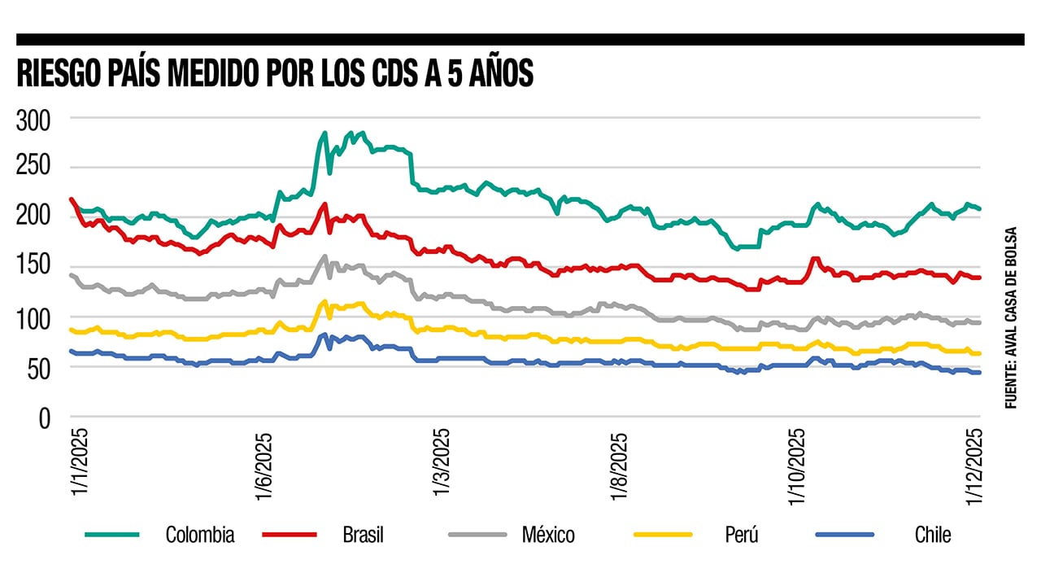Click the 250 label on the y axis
(x=33, y=168)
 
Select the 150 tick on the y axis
(x=33, y=268)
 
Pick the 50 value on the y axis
(x=38, y=368)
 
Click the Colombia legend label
(x=200, y=535)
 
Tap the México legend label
(x=547, y=535)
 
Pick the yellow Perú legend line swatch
(x=662, y=535)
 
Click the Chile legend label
(x=932, y=535)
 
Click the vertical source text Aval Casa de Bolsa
(x=1011, y=317)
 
